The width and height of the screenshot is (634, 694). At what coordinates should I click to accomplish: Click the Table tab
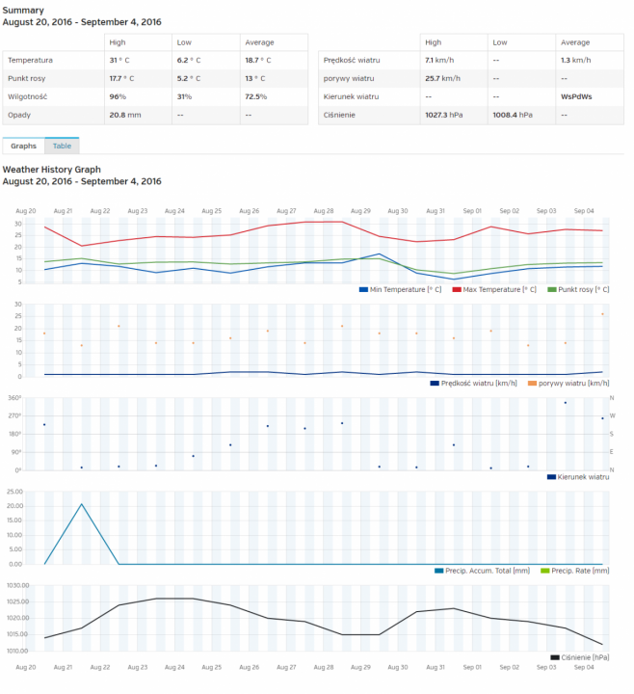62,146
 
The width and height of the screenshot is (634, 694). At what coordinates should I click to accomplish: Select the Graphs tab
24,146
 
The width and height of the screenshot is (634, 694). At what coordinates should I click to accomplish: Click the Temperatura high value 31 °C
119,60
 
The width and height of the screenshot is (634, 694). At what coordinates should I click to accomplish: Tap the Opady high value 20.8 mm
125,115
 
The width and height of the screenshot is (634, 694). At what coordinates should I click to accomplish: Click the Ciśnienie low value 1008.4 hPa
513,115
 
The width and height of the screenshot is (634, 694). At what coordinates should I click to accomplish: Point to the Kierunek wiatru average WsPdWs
575,96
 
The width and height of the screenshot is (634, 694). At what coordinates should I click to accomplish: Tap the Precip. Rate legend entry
579,571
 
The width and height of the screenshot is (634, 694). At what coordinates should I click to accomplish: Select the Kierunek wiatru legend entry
583,476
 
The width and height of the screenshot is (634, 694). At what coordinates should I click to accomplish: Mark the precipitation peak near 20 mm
82,504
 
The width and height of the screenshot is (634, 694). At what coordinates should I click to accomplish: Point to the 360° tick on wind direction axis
14,397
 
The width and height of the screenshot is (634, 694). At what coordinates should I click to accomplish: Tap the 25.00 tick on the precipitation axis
14,492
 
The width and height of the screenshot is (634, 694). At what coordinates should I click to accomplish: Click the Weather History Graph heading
51,170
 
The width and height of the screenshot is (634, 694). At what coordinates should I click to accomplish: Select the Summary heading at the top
23,10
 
